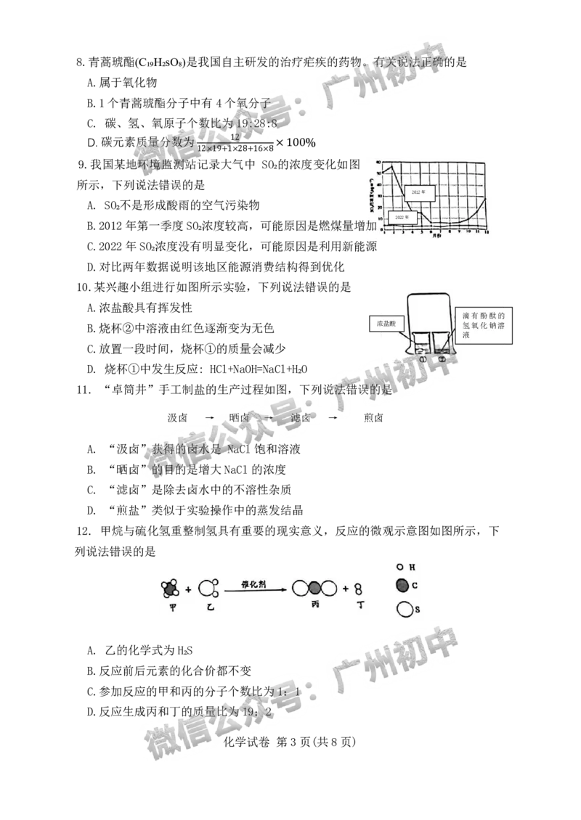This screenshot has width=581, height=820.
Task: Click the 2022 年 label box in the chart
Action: pos(400,217)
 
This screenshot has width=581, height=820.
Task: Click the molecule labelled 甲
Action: pos(171,587)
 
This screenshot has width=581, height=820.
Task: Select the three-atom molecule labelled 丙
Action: pos(314,588)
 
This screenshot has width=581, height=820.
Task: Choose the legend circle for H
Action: pos(400,565)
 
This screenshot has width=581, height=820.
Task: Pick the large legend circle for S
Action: pos(403,609)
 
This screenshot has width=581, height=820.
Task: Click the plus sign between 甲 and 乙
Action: pos(189,589)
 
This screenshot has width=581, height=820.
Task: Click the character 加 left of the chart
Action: pos(371,226)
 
